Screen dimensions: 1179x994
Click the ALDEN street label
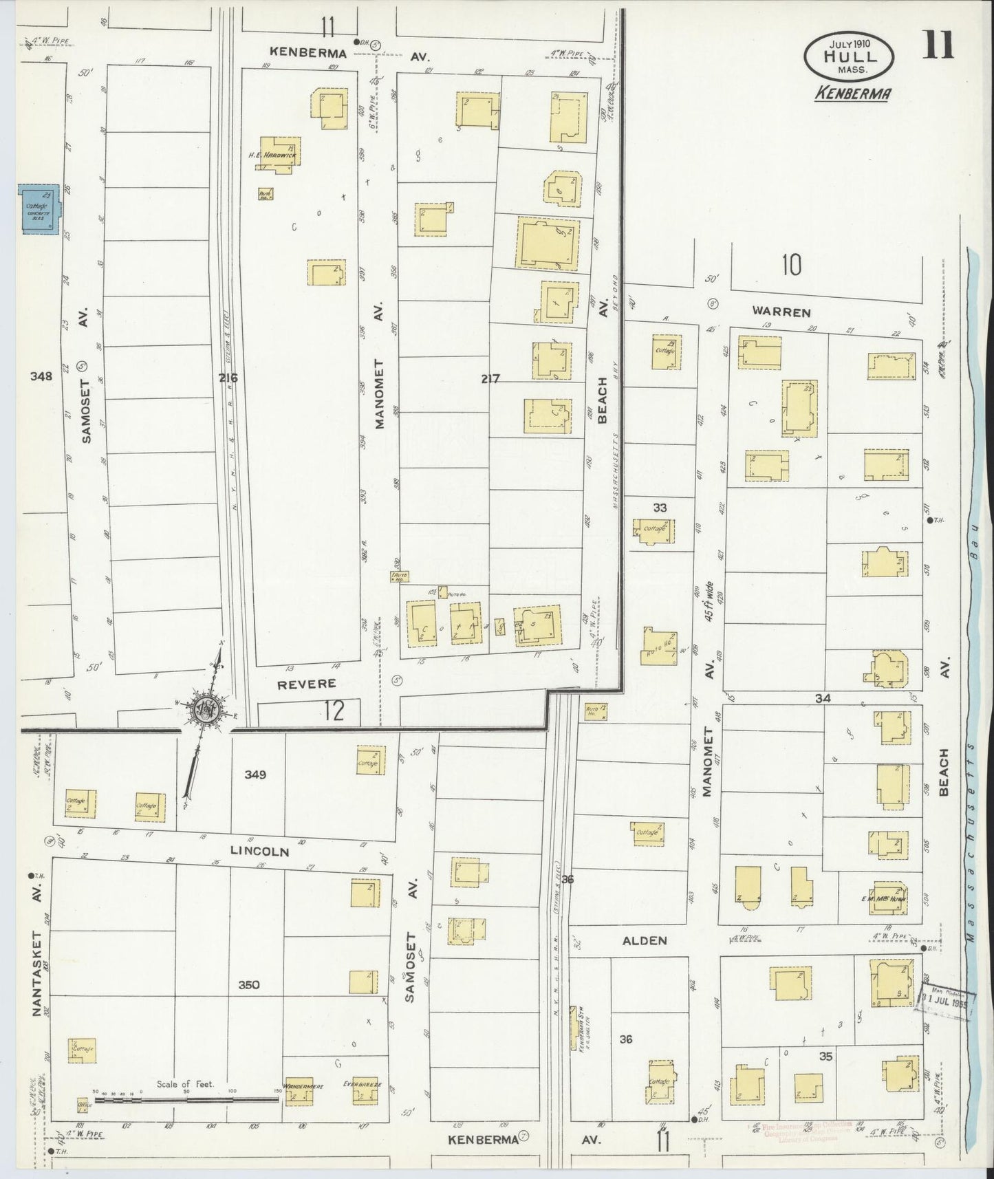pos(645,940)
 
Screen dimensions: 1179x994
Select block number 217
pos(490,378)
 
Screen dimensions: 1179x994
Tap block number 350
pos(248,985)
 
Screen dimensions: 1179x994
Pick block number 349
pos(255,775)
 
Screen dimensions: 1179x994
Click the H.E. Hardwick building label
pos(273,155)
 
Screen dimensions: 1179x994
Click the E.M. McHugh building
pos(887,898)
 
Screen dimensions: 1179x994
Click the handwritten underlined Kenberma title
pos(852,93)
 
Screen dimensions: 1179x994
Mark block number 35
pos(826,1055)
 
